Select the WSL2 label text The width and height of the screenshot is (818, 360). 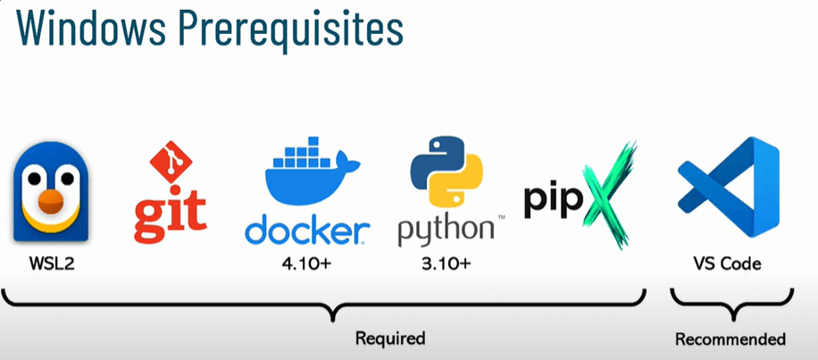click(50, 264)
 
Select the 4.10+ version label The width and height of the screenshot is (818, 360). click(306, 265)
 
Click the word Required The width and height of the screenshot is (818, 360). click(390, 339)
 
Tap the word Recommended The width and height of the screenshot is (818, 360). click(730, 339)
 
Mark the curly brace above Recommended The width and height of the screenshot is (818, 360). click(730, 309)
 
